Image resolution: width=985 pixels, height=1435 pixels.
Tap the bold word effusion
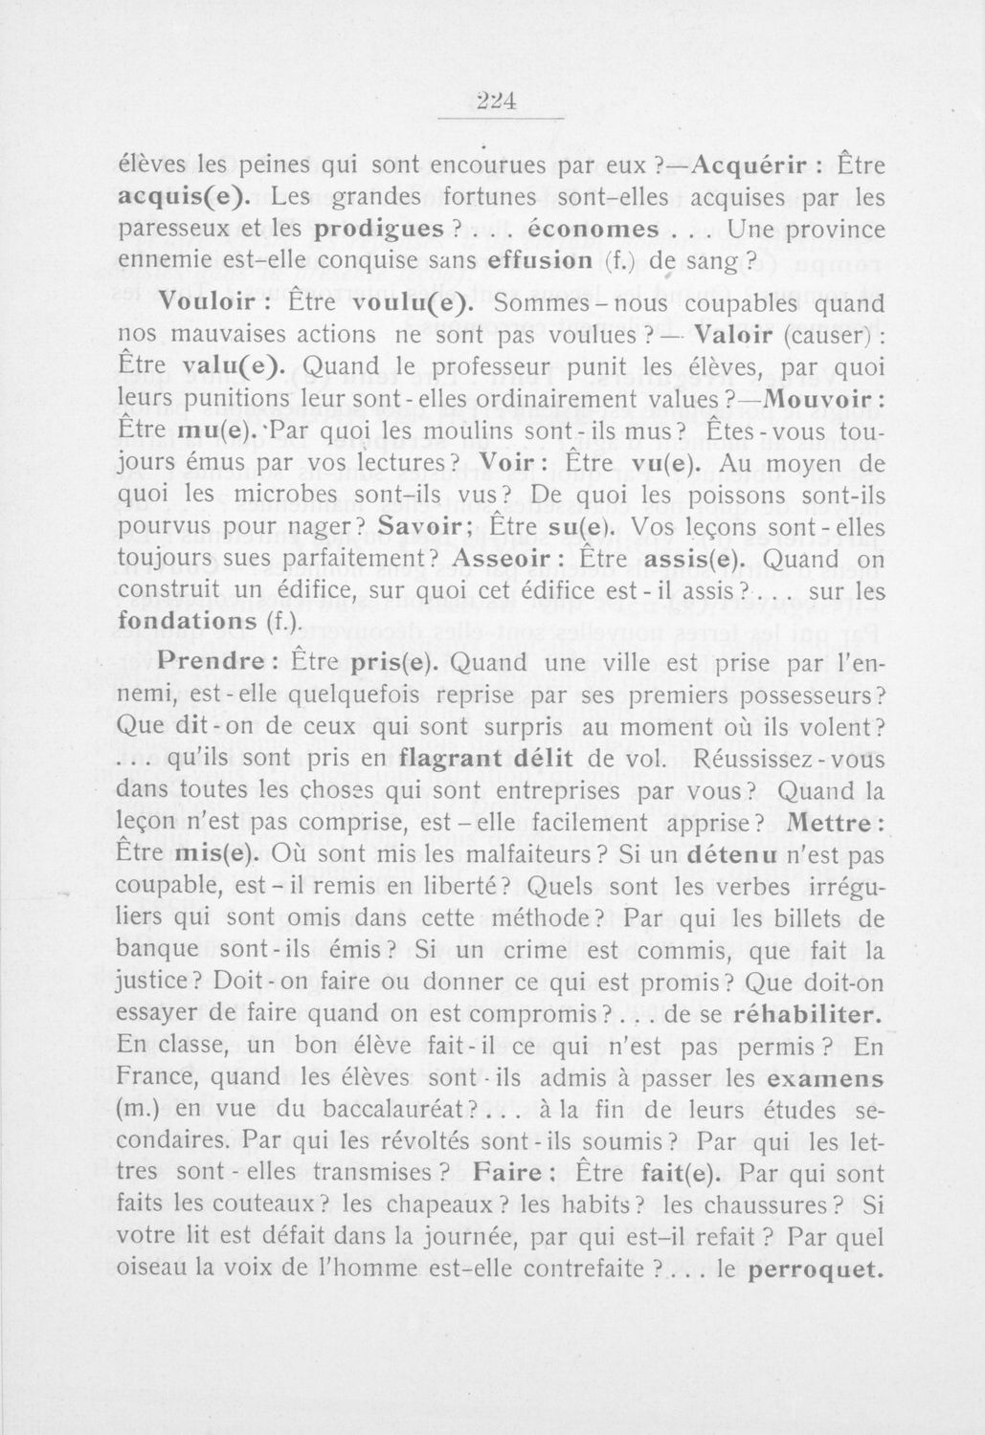click(x=541, y=261)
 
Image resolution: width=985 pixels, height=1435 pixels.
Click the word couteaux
click(x=280, y=1203)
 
